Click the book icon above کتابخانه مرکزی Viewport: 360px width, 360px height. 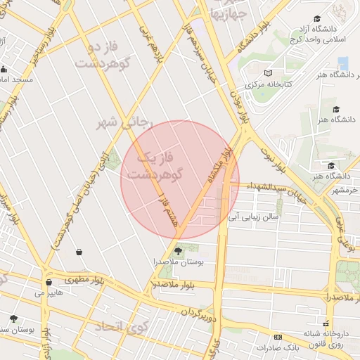(267, 73)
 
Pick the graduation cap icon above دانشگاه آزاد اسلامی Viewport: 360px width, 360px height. (316, 18)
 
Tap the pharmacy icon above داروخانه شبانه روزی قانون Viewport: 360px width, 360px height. (326, 317)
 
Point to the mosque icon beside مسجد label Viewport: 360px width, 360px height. (4, 69)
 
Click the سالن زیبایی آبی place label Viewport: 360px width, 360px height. (249, 218)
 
